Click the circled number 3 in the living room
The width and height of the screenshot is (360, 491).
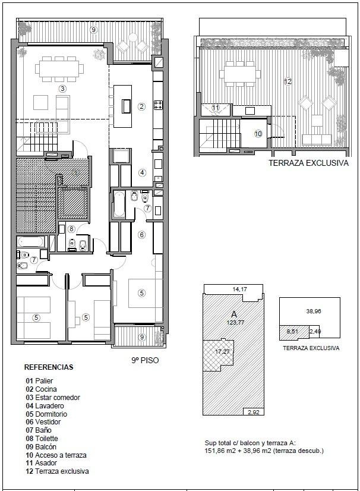coord(62,89)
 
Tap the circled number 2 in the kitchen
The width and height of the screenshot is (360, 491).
coord(142,106)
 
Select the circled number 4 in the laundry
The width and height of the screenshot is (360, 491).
coord(143,172)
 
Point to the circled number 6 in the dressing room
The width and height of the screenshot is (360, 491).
coord(142,235)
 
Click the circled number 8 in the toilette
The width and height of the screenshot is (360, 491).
coord(71,229)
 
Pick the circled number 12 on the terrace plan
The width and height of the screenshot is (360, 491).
coord(288,81)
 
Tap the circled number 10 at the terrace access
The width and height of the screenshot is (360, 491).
coord(258,134)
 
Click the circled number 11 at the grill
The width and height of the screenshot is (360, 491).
coord(216,108)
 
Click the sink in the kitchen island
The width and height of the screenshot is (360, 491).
coord(127,106)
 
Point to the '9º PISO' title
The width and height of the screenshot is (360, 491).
coord(145,360)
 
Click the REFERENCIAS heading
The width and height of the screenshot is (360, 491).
coord(49,367)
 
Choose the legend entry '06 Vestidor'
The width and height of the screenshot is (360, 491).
coord(43,422)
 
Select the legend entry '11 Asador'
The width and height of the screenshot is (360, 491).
coord(42,463)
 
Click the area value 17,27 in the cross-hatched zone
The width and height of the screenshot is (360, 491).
coord(222,352)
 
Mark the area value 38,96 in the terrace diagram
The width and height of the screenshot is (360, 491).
coord(314,311)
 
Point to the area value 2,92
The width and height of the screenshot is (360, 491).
coord(254,412)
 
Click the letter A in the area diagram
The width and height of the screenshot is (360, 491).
coord(234,314)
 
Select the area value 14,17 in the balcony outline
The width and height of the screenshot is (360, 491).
coord(240,289)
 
